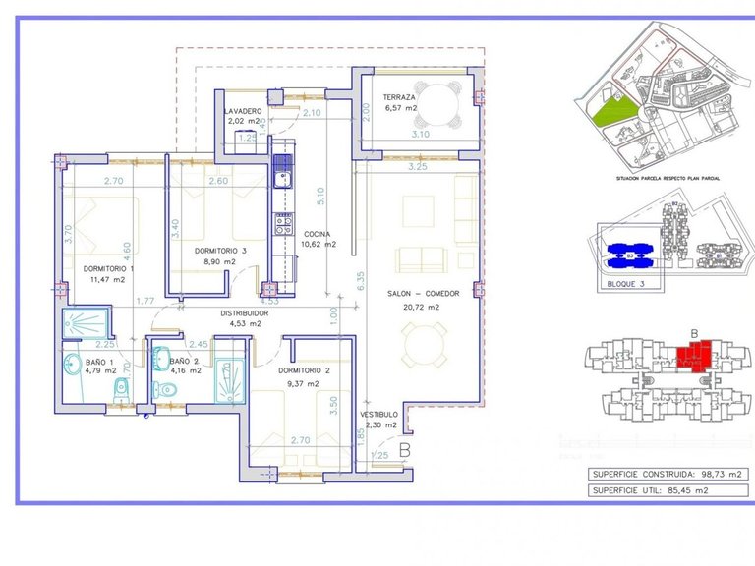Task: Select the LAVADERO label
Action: coord(243,111)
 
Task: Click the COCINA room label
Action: coord(317,234)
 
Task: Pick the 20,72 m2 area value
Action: coord(414,307)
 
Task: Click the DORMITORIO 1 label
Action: coord(108,268)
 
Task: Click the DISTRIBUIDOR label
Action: coord(225,312)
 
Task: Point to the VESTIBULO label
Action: coord(377,414)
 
